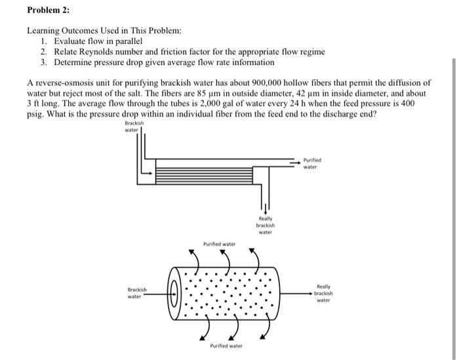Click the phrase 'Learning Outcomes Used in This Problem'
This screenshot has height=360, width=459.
tap(104, 31)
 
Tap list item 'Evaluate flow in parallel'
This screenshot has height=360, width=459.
tap(98, 41)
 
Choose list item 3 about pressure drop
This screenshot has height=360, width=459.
tap(164, 62)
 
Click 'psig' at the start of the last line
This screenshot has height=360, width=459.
tap(35, 113)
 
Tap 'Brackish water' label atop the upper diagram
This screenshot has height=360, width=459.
tap(134, 126)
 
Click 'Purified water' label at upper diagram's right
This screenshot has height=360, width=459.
tap(312, 163)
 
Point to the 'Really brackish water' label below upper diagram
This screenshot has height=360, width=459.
tap(265, 225)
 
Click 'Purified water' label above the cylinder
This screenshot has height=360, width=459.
tap(219, 244)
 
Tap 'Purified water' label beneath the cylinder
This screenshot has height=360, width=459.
tap(226, 346)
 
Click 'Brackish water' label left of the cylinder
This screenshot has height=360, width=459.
tap(137, 292)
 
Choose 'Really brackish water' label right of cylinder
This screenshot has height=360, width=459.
tap(323, 293)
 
